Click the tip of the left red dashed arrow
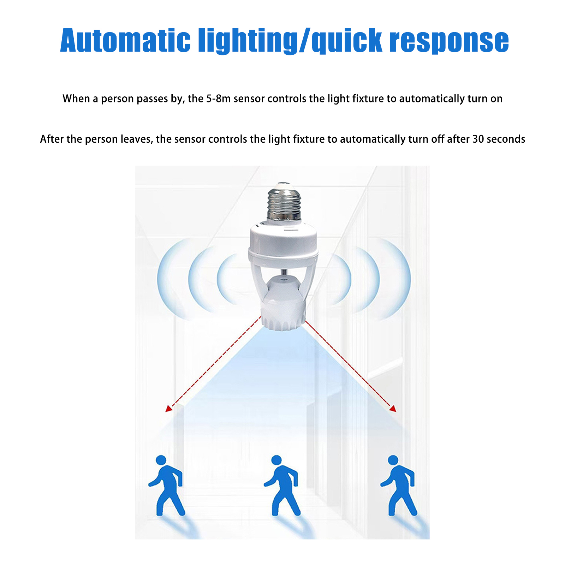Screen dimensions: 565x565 pos(166,412)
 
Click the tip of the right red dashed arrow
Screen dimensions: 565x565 pos(396,412)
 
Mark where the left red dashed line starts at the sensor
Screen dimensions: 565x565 pos(261,317)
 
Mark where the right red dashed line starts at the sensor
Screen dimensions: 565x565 pos(305,320)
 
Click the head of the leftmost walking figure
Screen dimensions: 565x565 pos(161,460)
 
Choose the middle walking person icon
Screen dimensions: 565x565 pos(281,485)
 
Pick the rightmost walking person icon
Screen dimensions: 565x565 pos(398,485)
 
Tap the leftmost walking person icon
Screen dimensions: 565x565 pos(166,485)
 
